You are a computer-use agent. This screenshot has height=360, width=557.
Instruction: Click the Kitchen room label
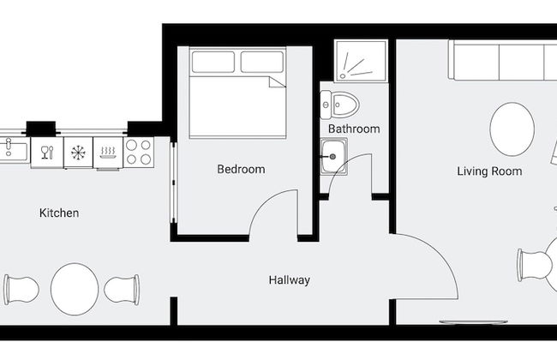pyautogui.click(x=59, y=213)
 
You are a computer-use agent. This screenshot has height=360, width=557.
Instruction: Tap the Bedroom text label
pyautogui.click(x=241, y=170)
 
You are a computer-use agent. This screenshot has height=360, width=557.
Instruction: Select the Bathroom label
pyautogui.click(x=353, y=129)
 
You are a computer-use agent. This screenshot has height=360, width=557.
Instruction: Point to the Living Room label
pyautogui.click(x=489, y=171)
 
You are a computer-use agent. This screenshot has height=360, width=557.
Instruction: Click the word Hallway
pyautogui.click(x=289, y=280)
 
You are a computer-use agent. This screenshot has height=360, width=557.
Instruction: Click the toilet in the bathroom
pyautogui.click(x=339, y=106)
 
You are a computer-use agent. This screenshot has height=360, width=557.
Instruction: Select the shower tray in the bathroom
pyautogui.click(x=360, y=60)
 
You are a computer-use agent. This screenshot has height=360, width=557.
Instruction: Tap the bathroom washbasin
pyautogui.click(x=334, y=157)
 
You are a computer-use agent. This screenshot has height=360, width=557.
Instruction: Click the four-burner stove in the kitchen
pyautogui.click(x=139, y=153)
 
